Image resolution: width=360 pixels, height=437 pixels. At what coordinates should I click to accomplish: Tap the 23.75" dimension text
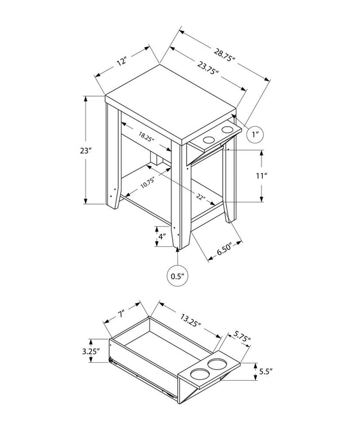208,68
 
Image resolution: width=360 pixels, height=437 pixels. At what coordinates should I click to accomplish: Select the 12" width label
122,61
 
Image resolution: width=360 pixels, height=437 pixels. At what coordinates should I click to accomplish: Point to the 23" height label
86,151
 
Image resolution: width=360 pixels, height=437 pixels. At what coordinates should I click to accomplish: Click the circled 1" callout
255,135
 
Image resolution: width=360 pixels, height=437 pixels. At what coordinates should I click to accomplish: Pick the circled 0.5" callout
178,276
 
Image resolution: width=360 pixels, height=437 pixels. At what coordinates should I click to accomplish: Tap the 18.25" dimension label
146,137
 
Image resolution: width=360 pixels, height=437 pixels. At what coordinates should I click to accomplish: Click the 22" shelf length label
201,197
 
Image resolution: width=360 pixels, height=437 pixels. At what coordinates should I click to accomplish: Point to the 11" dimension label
262,176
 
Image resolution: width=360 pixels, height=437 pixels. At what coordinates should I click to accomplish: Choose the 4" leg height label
162,237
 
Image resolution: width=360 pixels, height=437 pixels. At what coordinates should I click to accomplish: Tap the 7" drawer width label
121,314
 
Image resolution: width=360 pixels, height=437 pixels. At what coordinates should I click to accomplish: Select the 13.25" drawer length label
191,321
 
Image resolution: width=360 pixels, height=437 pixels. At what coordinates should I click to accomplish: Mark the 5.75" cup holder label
242,336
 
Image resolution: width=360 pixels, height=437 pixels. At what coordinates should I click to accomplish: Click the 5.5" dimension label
265,371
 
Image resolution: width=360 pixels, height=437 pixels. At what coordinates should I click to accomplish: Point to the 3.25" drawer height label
91,352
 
